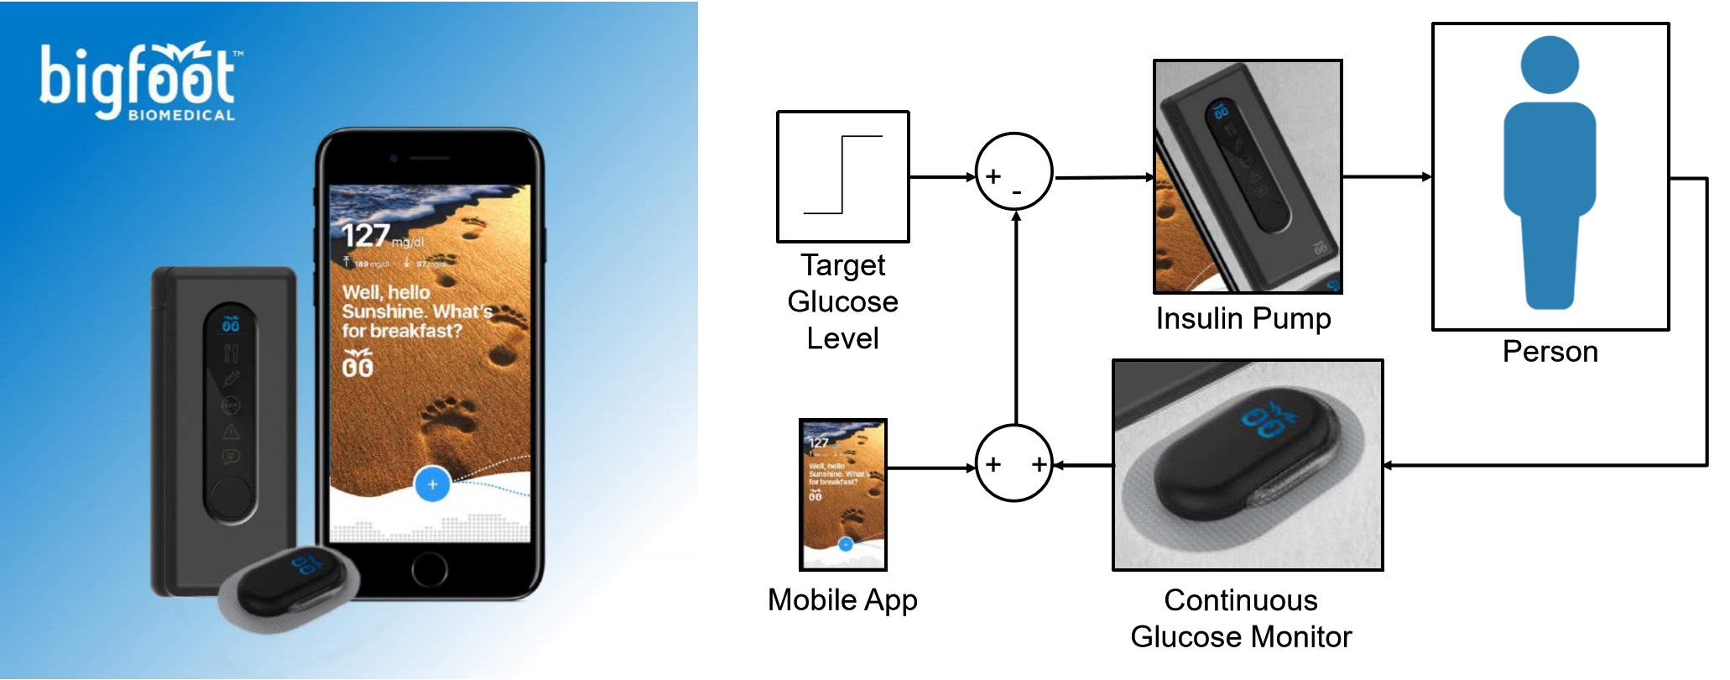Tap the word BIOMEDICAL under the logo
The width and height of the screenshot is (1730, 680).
pyautogui.click(x=181, y=116)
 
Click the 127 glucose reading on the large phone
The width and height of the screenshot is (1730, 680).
pyautogui.click(x=366, y=236)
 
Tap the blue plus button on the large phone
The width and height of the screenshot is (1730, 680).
pyautogui.click(x=432, y=484)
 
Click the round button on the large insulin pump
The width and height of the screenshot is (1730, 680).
pyautogui.click(x=229, y=497)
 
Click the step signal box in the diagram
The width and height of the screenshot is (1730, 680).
pyautogui.click(x=842, y=176)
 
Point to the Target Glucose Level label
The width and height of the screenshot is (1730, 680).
pyautogui.click(x=842, y=301)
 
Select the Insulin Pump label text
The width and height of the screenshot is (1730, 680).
pyautogui.click(x=1243, y=319)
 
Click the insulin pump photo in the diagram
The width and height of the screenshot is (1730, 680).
pyautogui.click(x=1248, y=176)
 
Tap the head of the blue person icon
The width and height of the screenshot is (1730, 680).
pyautogui.click(x=1550, y=65)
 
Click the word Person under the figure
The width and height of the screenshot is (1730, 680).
pyautogui.click(x=1550, y=352)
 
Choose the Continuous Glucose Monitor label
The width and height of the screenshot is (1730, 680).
pyautogui.click(x=1241, y=619)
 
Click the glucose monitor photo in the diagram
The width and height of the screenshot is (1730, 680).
pyautogui.click(x=1248, y=465)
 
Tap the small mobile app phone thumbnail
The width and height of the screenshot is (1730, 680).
pyautogui.click(x=842, y=494)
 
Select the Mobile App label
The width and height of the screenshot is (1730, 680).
pyautogui.click(x=842, y=600)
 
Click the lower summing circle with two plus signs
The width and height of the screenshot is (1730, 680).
pyautogui.click(x=1014, y=463)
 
